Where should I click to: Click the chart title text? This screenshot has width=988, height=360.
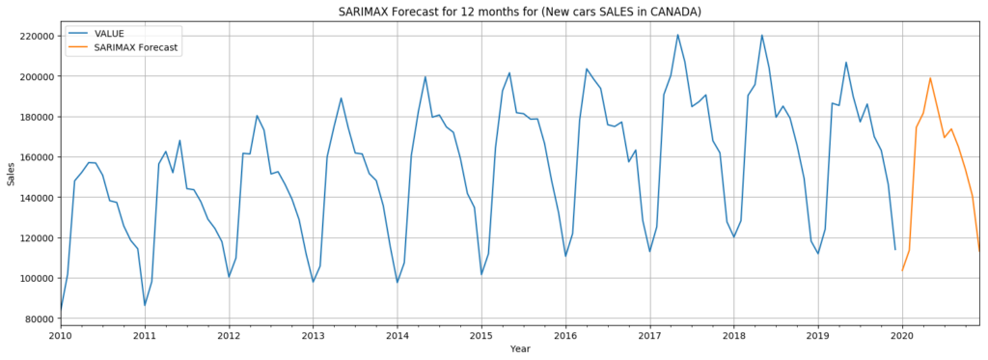519,12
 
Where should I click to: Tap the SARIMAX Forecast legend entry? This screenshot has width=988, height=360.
136,47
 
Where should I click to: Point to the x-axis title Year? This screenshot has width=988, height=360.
520,349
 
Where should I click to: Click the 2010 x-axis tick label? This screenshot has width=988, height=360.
61,336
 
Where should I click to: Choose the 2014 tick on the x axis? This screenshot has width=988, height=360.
398,336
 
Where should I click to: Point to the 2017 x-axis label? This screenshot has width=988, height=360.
649,336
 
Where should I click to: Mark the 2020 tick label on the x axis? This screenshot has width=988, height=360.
902,336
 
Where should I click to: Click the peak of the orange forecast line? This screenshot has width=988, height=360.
930,78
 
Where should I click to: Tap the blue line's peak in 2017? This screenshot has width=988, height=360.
677,35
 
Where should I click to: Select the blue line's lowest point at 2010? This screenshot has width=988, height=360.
61,312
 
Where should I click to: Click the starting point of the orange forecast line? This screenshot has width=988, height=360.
902,270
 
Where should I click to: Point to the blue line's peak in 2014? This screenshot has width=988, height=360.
425,77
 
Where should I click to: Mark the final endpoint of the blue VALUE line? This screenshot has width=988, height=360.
895,250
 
